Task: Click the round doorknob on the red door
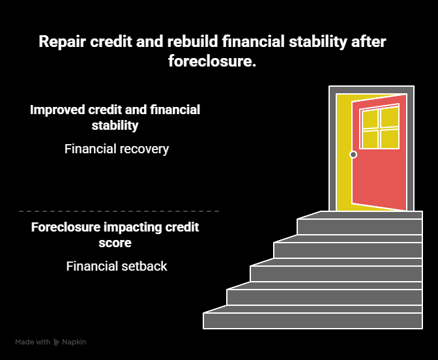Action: pyautogui.click(x=353, y=155)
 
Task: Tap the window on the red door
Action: pyautogui.click(x=380, y=128)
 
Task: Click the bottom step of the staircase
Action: pyautogui.click(x=313, y=321)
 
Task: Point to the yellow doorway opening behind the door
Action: pyautogui.click(x=343, y=150)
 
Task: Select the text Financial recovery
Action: pyautogui.click(x=117, y=149)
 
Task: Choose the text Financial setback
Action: pyautogui.click(x=117, y=266)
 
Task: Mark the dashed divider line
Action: pyautogui.click(x=119, y=211)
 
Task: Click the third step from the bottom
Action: pyautogui.click(x=336, y=274)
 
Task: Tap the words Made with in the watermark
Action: pyautogui.click(x=33, y=342)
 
